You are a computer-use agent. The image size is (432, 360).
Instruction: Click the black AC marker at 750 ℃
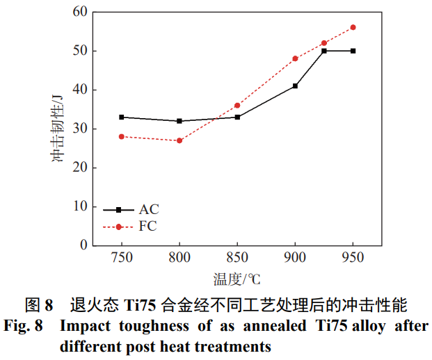click(122, 117)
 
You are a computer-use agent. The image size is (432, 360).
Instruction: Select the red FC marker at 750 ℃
click(122, 136)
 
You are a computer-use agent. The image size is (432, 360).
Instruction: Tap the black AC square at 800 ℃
click(179, 121)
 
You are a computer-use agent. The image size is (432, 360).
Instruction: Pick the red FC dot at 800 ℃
click(179, 140)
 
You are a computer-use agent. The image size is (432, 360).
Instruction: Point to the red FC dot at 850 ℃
click(237, 106)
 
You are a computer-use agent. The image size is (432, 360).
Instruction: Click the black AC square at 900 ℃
click(295, 86)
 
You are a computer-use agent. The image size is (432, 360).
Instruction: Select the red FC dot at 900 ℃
click(295, 58)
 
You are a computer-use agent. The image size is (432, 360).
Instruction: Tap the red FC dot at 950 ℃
click(353, 27)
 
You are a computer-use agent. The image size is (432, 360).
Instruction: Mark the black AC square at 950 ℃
click(353, 51)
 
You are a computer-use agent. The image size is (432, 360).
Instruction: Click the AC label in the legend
click(148, 208)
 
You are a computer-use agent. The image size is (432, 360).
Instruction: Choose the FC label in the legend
click(147, 227)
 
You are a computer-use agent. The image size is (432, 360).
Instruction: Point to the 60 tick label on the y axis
click(80, 12)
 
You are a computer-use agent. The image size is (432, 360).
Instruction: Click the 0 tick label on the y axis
click(84, 245)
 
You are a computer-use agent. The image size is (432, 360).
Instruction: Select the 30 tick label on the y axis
click(80, 129)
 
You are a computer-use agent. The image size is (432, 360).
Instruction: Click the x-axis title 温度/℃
click(237, 279)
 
